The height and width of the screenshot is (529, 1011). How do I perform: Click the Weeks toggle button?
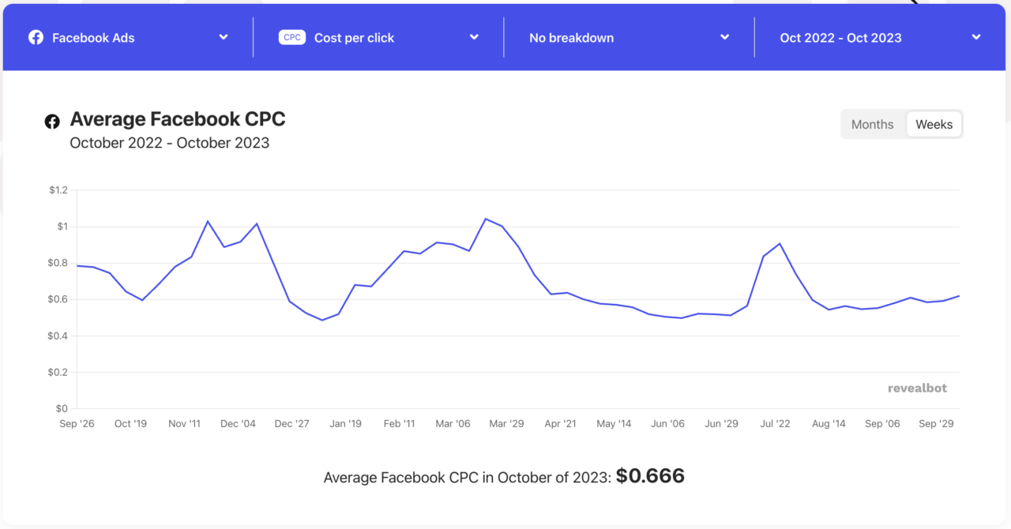tap(934, 125)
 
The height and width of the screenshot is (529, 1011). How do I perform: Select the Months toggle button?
tap(872, 125)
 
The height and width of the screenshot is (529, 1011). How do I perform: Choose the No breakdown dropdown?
tap(629, 38)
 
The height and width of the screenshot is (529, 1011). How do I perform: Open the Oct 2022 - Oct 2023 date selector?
tap(880, 38)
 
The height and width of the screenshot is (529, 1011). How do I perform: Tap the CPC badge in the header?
tap(292, 37)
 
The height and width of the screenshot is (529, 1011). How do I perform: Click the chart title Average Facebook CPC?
tap(178, 119)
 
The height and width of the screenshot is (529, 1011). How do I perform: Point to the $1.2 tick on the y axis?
tap(58, 190)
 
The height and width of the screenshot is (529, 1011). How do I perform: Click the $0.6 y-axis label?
tap(58, 300)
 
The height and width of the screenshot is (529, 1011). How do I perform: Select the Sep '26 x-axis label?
tap(77, 424)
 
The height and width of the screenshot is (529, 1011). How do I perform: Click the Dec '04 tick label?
tap(238, 424)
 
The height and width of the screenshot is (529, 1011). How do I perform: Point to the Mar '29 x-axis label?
tap(506, 424)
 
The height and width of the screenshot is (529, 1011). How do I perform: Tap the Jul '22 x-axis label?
tap(775, 424)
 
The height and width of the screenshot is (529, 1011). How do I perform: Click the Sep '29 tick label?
tap(936, 424)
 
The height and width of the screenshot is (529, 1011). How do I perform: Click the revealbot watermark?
tap(917, 388)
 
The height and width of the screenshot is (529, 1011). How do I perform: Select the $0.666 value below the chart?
tap(650, 476)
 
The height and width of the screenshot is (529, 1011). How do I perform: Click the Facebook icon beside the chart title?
tap(52, 122)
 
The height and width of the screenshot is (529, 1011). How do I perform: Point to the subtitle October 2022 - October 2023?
tap(170, 144)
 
